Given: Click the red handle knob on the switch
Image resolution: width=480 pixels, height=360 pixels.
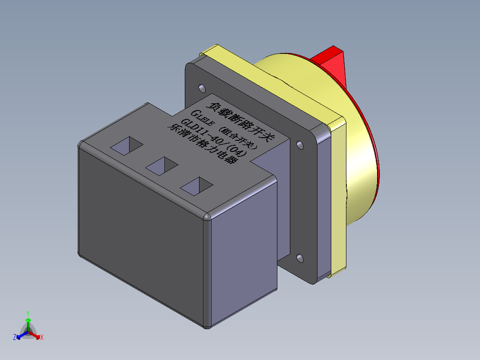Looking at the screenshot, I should tap(332, 62).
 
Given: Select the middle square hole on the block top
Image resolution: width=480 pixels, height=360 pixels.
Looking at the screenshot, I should tap(162, 165).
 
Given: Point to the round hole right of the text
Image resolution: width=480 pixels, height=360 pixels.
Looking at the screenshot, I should tap(300, 145).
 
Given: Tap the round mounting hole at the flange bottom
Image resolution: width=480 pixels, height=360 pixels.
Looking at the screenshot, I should tap(300, 258).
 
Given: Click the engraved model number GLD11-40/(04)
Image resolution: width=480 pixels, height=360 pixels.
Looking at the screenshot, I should tap(214, 136).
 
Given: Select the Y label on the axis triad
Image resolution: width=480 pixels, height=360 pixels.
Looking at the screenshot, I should tap(28, 313).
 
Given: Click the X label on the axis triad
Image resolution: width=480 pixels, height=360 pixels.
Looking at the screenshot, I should tap(42, 338).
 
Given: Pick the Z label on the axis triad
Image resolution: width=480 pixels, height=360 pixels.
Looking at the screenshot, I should tap(14, 338).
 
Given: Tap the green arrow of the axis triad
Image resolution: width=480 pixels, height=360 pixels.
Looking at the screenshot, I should tap(28, 322).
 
